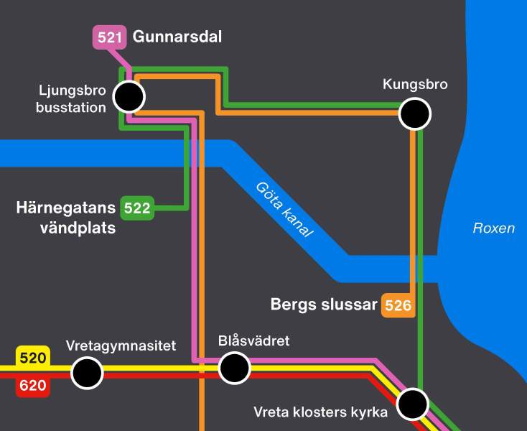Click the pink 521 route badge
(x=109, y=37)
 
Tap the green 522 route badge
(x=137, y=208)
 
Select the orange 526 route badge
(x=398, y=305)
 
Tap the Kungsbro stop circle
(x=414, y=113)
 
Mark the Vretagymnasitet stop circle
(x=88, y=374)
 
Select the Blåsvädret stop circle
(x=234, y=369)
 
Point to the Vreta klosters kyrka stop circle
(x=413, y=404)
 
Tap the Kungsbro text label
(x=415, y=85)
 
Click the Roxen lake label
(x=493, y=228)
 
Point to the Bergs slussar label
(x=323, y=305)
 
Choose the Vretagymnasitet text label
(x=121, y=346)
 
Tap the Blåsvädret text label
(x=253, y=340)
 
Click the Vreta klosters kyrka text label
(x=320, y=412)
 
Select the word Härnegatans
(x=65, y=208)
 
